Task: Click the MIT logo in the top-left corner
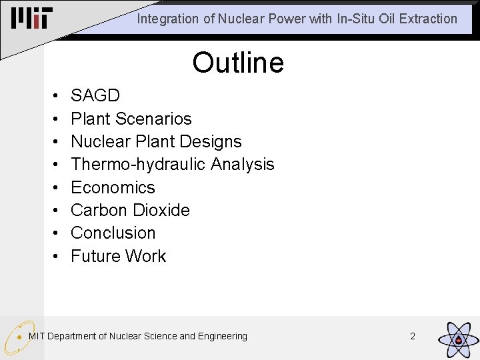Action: click(x=31, y=18)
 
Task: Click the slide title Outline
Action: click(x=238, y=63)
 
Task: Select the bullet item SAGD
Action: click(x=95, y=96)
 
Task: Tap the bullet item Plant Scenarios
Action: click(x=131, y=119)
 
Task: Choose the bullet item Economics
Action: click(x=113, y=187)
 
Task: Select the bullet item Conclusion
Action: click(x=113, y=233)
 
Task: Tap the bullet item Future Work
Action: click(x=118, y=256)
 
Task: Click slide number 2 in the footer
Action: click(x=412, y=336)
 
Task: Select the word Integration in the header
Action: click(x=167, y=19)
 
